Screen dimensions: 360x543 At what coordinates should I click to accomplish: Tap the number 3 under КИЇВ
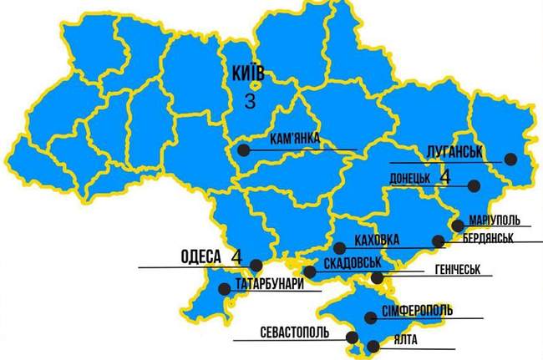pos(250,101)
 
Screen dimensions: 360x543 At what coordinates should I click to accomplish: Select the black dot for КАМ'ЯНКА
pos(242,150)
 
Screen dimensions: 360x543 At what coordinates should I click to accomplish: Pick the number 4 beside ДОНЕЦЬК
pos(444,177)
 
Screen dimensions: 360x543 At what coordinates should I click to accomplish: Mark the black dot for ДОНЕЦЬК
pos(473,185)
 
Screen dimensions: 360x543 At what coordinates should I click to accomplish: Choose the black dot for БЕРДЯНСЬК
pos(438,241)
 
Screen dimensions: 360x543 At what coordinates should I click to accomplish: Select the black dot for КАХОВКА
pos(338,247)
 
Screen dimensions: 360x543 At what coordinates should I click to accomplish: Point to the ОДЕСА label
pos(200,256)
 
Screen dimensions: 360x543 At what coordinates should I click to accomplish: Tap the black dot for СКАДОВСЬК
pos(310,271)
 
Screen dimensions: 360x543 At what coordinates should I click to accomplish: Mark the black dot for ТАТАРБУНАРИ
pos(223,289)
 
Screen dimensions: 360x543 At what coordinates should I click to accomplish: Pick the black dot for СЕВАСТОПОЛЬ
pos(352,337)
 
